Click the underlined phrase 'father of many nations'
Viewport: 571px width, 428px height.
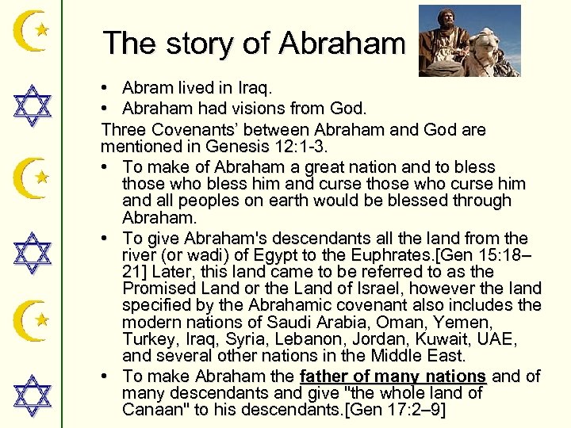click(x=393, y=376)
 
